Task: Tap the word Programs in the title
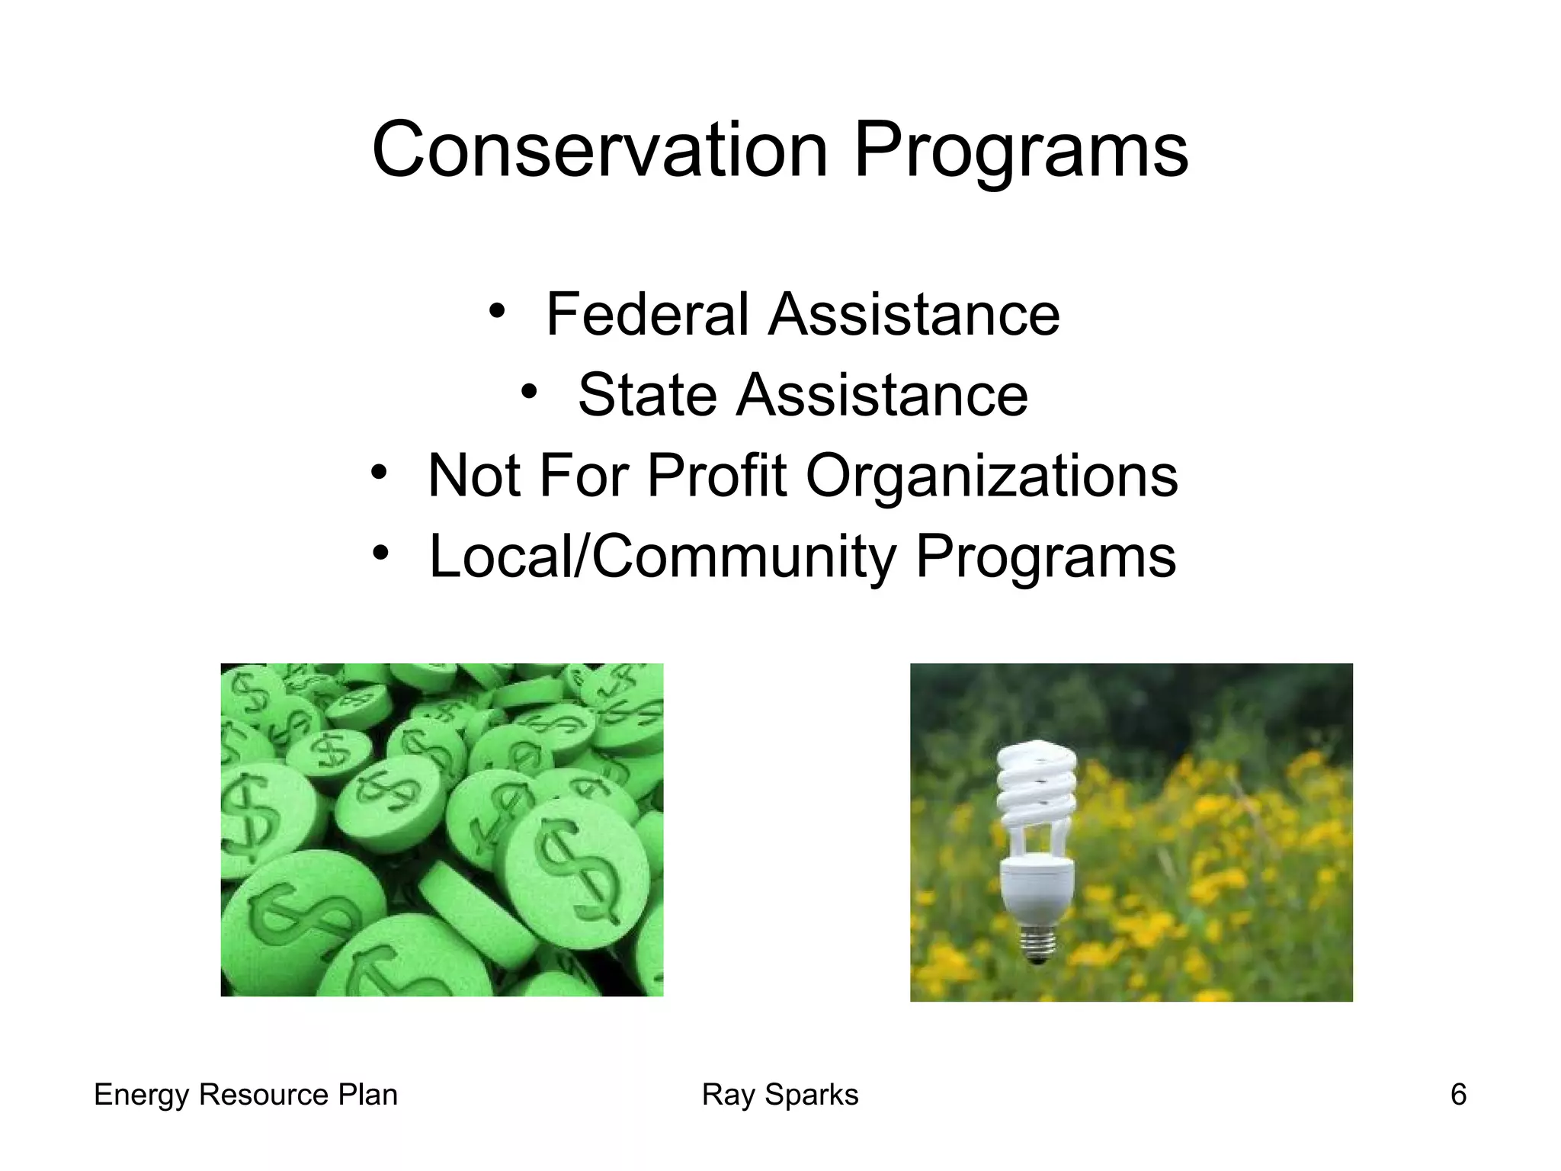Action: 1021,151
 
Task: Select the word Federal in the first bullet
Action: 647,314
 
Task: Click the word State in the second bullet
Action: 647,395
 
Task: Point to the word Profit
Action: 716,476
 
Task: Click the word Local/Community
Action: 663,557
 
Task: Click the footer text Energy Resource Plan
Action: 245,1095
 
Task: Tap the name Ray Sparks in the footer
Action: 780,1095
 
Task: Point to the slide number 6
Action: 1458,1095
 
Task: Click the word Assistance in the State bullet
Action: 882,395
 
